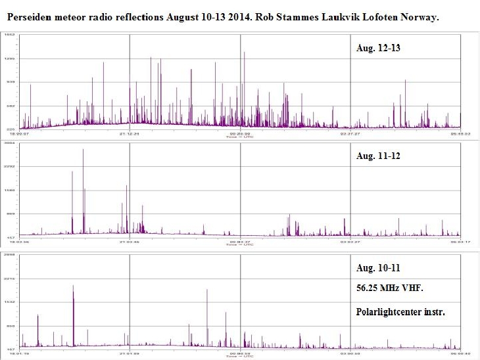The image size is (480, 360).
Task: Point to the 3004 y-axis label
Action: click(x=11, y=143)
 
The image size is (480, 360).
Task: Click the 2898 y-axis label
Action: click(x=11, y=254)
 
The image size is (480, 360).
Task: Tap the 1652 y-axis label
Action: click(x=11, y=34)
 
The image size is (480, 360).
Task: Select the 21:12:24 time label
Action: click(x=130, y=133)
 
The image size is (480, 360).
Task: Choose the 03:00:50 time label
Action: click(x=349, y=354)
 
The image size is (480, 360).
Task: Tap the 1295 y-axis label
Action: click(x=11, y=58)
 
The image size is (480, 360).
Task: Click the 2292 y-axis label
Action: click(x=11, y=167)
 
